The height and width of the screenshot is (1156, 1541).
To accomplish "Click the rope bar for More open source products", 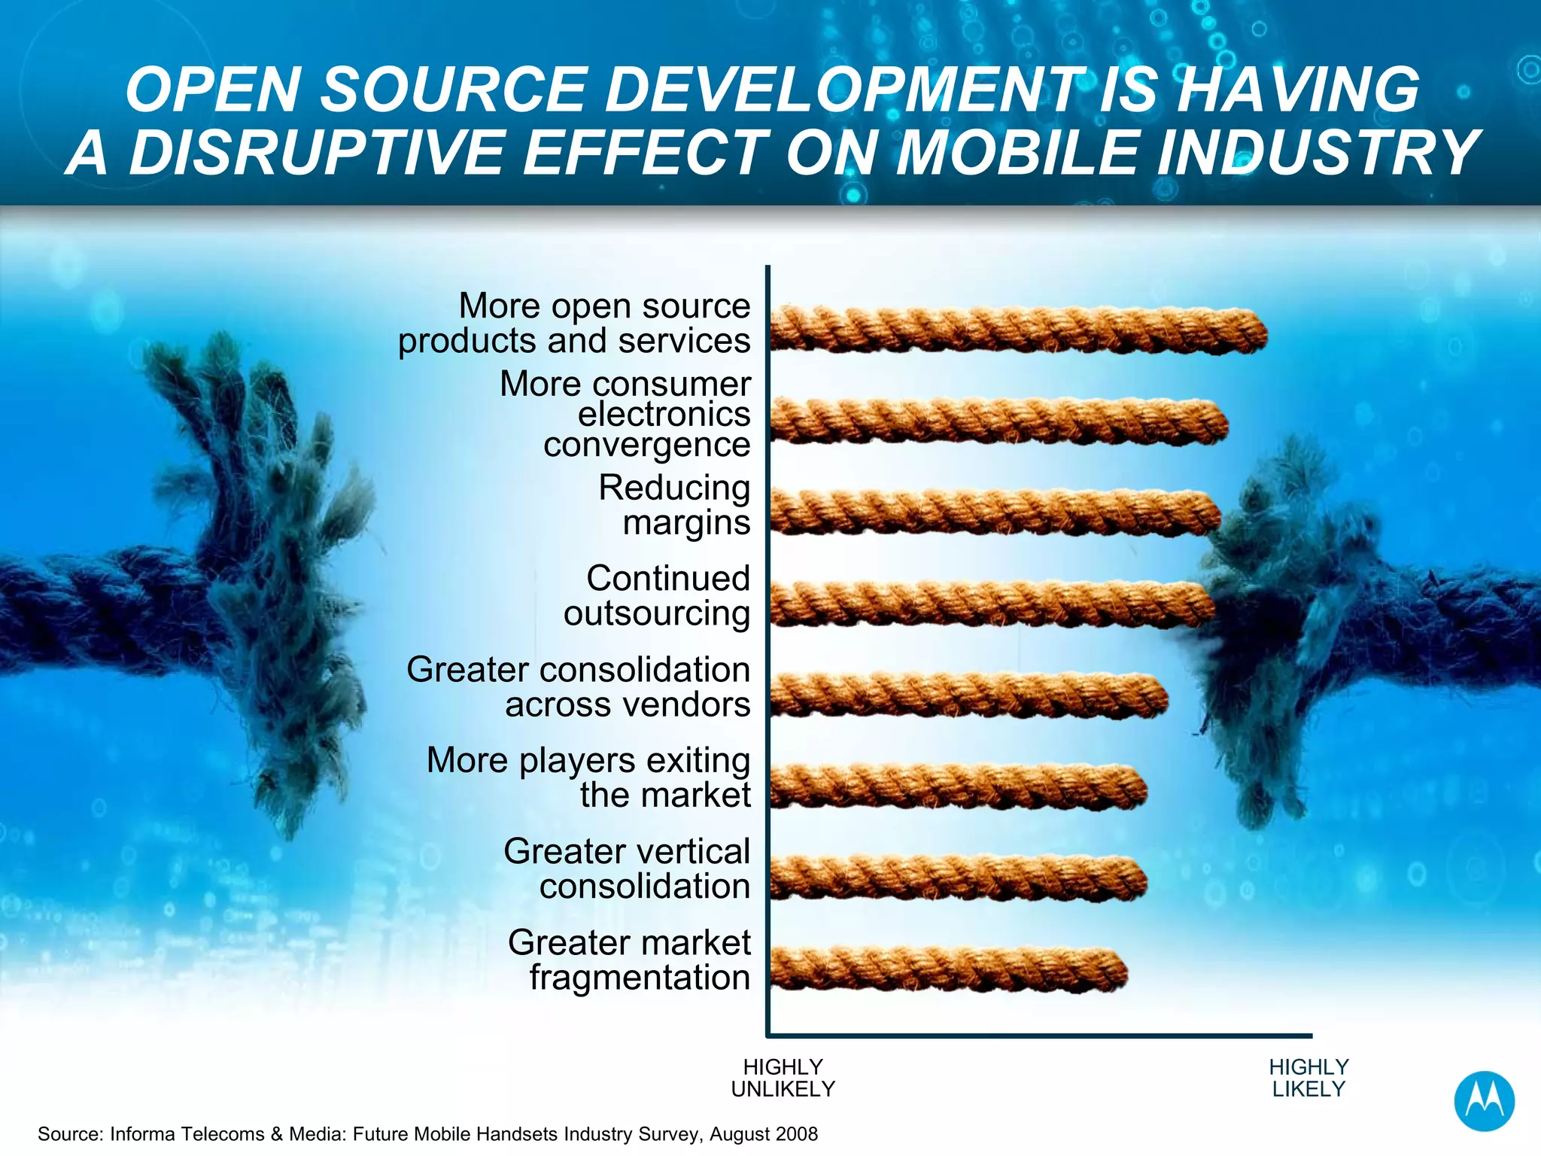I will point(1016,330).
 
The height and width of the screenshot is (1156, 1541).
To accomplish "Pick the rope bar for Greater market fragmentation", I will point(948,969).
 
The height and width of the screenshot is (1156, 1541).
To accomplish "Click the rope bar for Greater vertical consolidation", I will point(957,878).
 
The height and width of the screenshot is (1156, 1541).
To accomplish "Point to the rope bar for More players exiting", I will point(957,786).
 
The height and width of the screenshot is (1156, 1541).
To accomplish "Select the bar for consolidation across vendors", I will point(968,695).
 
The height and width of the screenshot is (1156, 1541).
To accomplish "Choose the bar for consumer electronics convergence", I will point(997,421).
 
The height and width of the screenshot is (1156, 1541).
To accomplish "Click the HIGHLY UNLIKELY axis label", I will point(783,1078).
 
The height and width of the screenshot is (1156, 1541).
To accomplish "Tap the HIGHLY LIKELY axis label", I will point(1308,1078).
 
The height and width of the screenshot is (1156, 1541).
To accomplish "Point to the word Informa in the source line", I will point(142,1134).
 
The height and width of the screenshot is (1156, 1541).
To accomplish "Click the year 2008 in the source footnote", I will point(795,1134).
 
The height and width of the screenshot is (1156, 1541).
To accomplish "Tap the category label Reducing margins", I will point(674,505).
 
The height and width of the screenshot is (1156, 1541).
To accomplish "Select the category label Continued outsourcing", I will point(658,596).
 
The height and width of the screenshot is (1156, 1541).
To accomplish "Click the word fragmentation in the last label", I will point(640,978).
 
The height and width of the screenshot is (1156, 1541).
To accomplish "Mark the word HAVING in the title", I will point(1297,90).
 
